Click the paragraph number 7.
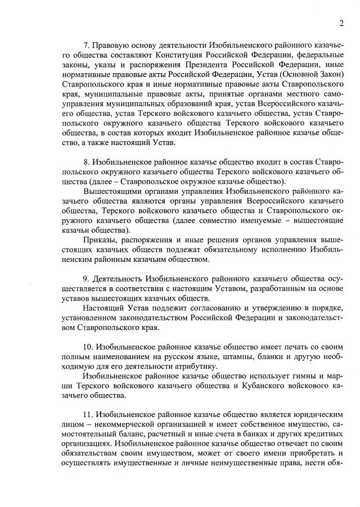(86, 44)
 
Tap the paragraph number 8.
(86, 161)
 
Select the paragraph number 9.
(86, 279)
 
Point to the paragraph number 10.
(88, 347)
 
